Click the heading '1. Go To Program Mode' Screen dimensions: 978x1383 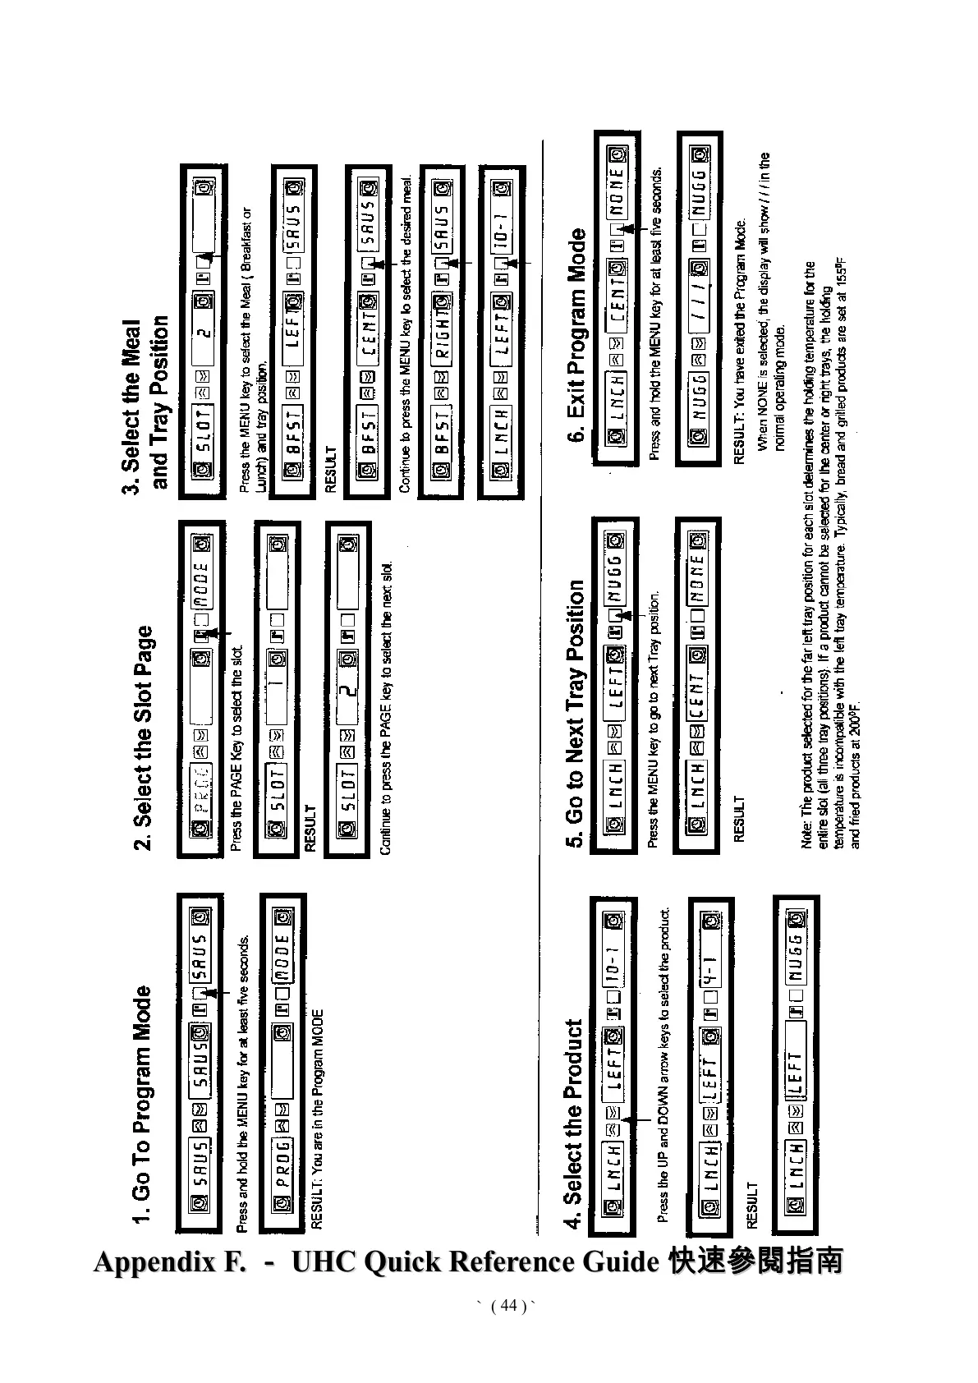pyautogui.click(x=142, y=1104)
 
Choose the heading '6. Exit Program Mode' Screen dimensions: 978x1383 pyautogui.click(x=578, y=335)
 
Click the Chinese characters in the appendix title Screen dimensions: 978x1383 pyautogui.click(x=756, y=1261)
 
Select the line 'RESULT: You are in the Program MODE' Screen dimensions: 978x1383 pyautogui.click(x=318, y=1118)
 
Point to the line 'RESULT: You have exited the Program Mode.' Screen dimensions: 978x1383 pyautogui.click(x=738, y=342)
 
